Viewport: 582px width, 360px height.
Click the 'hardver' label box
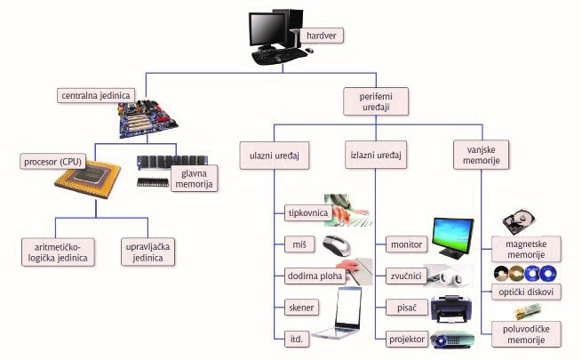tap(323, 36)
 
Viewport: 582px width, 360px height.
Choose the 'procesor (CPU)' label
tap(55, 162)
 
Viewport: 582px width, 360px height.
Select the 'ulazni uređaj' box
tap(274, 156)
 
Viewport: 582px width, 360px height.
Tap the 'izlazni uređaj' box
tap(376, 156)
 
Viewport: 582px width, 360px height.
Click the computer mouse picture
tap(342, 244)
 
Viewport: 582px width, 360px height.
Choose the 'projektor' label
tap(408, 338)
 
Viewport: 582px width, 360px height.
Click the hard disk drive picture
tap(521, 224)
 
